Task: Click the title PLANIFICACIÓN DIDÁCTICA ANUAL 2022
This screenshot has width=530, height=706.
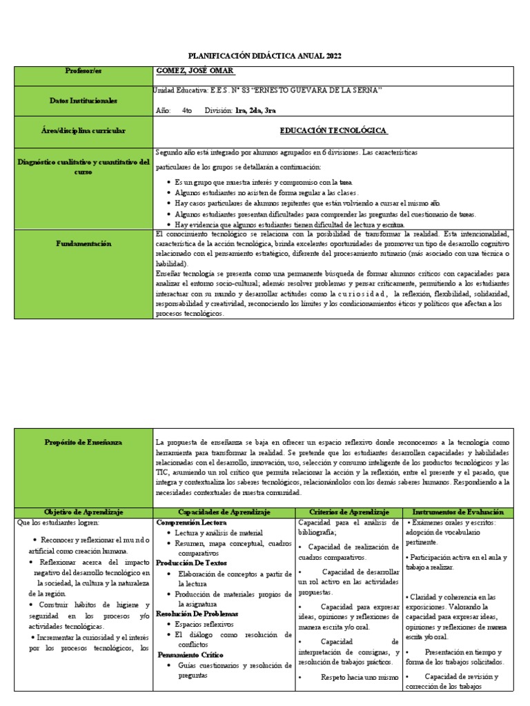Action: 265,56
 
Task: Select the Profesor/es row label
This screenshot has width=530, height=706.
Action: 83,71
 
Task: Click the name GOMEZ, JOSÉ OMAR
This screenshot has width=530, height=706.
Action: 196,72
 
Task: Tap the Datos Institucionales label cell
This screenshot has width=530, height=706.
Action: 83,101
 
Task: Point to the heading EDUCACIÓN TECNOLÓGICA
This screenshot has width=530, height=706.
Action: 333,130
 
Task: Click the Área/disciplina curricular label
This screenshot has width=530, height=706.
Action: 83,130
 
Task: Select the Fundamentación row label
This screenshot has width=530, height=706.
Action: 83,243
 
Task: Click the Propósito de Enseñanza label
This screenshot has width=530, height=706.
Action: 83,442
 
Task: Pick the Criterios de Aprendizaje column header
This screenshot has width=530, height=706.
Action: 349,512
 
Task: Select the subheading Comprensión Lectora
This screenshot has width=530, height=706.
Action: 186,523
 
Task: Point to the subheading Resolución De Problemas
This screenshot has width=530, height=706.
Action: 197,614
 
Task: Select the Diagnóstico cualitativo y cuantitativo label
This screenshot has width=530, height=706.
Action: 83,167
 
